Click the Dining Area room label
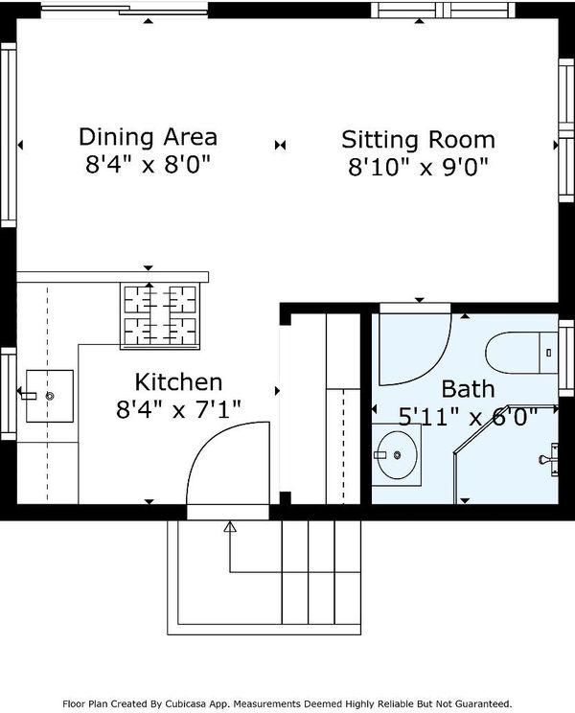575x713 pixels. coord(149,137)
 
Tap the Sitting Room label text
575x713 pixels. coord(418,140)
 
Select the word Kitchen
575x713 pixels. coord(178,382)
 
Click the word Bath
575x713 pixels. coord(468,389)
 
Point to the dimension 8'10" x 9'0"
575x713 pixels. coord(418,167)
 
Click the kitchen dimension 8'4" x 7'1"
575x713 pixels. coord(178,409)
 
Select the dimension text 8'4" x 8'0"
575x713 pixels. coord(149,164)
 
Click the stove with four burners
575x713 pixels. coord(160,316)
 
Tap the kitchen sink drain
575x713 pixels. coord(50,396)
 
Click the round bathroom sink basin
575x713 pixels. coord(397,454)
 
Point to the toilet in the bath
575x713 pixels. coord(521,353)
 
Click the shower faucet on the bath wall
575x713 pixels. coord(549,459)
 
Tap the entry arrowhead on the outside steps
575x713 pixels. coord(230,527)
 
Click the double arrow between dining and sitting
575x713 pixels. coord(281,145)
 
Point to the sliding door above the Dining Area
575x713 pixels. coord(125,10)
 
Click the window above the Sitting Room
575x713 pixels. coord(443,10)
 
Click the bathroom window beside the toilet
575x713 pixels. coord(566,358)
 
